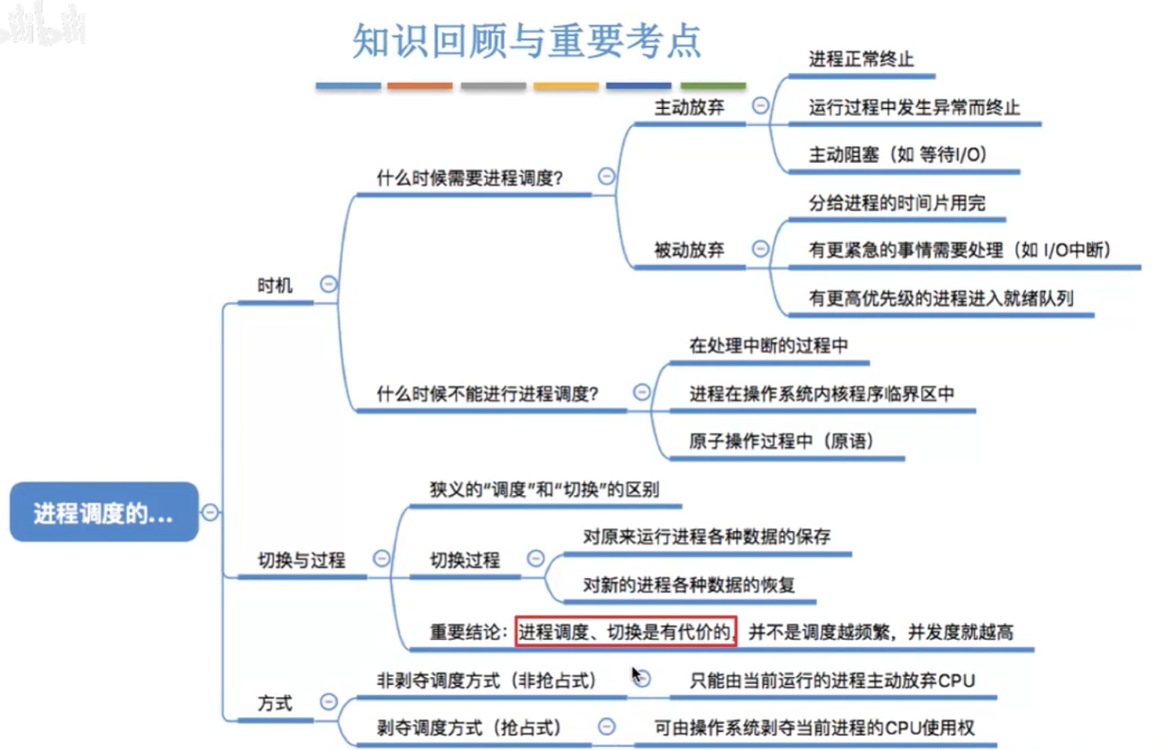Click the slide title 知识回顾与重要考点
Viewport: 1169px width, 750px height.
(x=527, y=40)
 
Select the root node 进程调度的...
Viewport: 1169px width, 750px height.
(x=104, y=513)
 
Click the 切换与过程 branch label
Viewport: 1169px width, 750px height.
(x=302, y=560)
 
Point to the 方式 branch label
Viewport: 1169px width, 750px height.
(x=275, y=704)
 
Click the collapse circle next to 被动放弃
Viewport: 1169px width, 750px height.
(x=760, y=249)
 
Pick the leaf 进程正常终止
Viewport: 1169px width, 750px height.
(x=860, y=60)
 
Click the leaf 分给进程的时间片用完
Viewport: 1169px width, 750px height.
(x=897, y=203)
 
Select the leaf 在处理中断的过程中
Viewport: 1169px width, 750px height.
(x=768, y=346)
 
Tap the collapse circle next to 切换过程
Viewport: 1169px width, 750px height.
(x=536, y=559)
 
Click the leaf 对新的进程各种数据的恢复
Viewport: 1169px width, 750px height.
(x=689, y=585)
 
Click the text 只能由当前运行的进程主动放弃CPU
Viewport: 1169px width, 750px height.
(x=833, y=680)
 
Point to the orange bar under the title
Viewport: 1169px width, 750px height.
(x=419, y=87)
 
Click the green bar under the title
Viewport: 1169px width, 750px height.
(x=713, y=87)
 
